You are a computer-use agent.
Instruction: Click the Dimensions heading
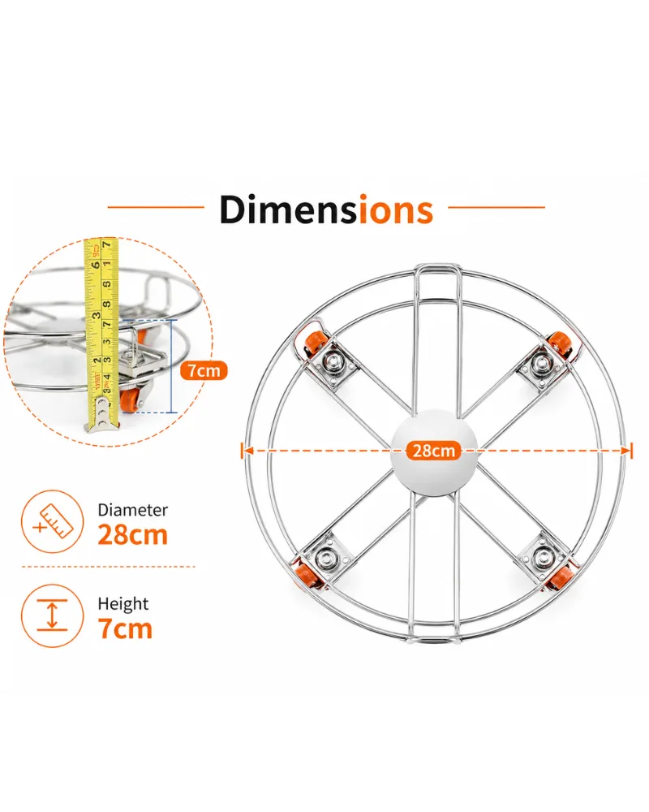tap(326, 209)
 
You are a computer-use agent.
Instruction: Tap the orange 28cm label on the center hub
tap(434, 451)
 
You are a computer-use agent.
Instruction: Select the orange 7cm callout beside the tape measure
tap(204, 371)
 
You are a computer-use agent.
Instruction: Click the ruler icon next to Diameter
tap(52, 521)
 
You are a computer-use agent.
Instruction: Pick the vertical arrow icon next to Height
tap(52, 615)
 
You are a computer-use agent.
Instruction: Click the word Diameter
tap(133, 510)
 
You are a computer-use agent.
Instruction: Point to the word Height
tap(123, 604)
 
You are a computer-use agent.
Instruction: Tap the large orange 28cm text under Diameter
tap(133, 535)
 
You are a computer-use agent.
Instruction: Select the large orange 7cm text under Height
tap(125, 628)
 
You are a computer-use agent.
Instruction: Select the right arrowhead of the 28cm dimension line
tap(627, 451)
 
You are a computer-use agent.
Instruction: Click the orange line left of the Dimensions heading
tap(156, 207)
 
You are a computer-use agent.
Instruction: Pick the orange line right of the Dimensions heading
tap(496, 207)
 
